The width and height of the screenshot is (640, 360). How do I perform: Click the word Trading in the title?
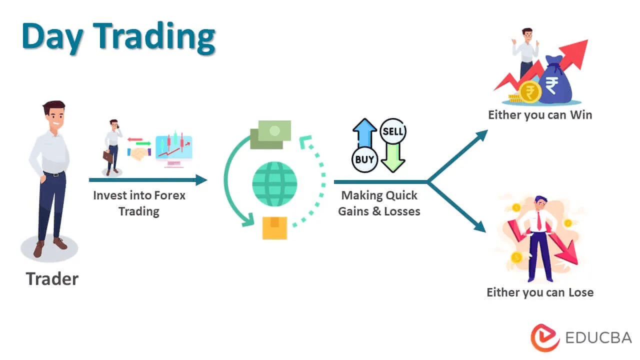(154, 37)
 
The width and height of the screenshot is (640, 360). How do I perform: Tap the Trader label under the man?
(52, 279)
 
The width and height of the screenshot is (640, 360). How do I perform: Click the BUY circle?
(364, 159)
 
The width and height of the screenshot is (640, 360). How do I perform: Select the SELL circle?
(393, 131)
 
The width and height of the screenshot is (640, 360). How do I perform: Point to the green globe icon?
(274, 184)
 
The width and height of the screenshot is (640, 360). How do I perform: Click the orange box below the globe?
(274, 228)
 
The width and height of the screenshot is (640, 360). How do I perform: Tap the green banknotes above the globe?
(270, 134)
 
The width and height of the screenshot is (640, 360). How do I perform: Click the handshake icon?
(139, 153)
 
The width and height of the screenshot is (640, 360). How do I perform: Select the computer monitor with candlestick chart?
(174, 150)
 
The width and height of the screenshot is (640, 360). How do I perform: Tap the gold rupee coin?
(530, 92)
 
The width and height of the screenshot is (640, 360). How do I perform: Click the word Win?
(581, 115)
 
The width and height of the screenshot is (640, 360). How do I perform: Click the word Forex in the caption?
(169, 195)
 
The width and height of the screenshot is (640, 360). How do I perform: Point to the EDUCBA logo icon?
(544, 337)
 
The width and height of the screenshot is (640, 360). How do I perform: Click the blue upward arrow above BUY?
(364, 133)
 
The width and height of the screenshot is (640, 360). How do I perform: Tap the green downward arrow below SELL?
(393, 157)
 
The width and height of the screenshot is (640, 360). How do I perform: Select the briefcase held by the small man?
(107, 156)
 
